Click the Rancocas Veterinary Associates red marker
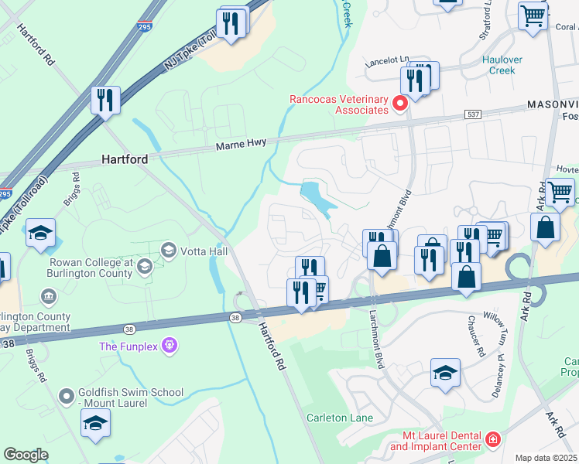click(400, 103)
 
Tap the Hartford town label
click(125, 159)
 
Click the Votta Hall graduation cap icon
click(167, 250)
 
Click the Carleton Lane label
click(338, 418)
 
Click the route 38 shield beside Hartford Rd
click(235, 317)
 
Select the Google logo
click(26, 455)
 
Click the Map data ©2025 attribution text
click(546, 458)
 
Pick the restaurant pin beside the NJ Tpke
click(104, 100)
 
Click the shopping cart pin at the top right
click(533, 15)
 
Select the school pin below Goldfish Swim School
click(95, 423)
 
